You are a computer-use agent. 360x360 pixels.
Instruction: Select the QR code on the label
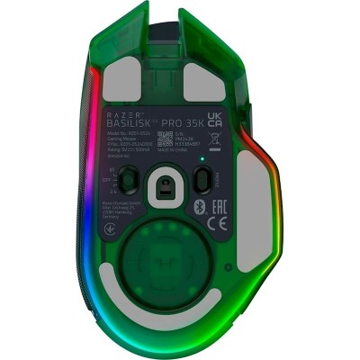click(165, 139)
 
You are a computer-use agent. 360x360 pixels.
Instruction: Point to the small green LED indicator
click(203, 161)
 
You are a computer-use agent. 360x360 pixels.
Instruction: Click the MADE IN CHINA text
click(215, 154)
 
